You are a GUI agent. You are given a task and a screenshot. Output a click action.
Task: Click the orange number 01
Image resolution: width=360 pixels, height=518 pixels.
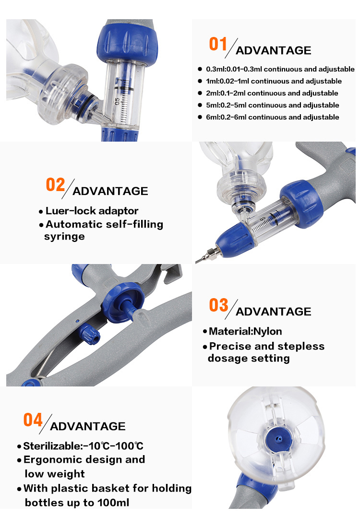(x=218, y=44)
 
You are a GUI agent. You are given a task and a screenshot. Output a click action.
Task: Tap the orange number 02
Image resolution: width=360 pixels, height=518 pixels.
(x=55, y=184)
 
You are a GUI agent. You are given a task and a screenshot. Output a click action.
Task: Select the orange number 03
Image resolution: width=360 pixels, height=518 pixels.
(x=218, y=305)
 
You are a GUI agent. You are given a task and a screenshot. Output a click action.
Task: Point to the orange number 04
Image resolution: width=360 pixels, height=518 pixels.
(x=33, y=420)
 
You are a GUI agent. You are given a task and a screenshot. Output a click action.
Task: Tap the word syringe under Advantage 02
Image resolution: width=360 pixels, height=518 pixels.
(x=64, y=237)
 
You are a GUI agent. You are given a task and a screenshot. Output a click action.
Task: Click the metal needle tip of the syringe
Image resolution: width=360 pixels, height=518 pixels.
(x=197, y=261)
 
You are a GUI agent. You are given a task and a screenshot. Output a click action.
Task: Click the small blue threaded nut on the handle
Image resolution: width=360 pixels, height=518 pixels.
(x=90, y=334)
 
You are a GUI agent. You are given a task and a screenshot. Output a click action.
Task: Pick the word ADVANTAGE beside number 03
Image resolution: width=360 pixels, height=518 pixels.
(x=274, y=312)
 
